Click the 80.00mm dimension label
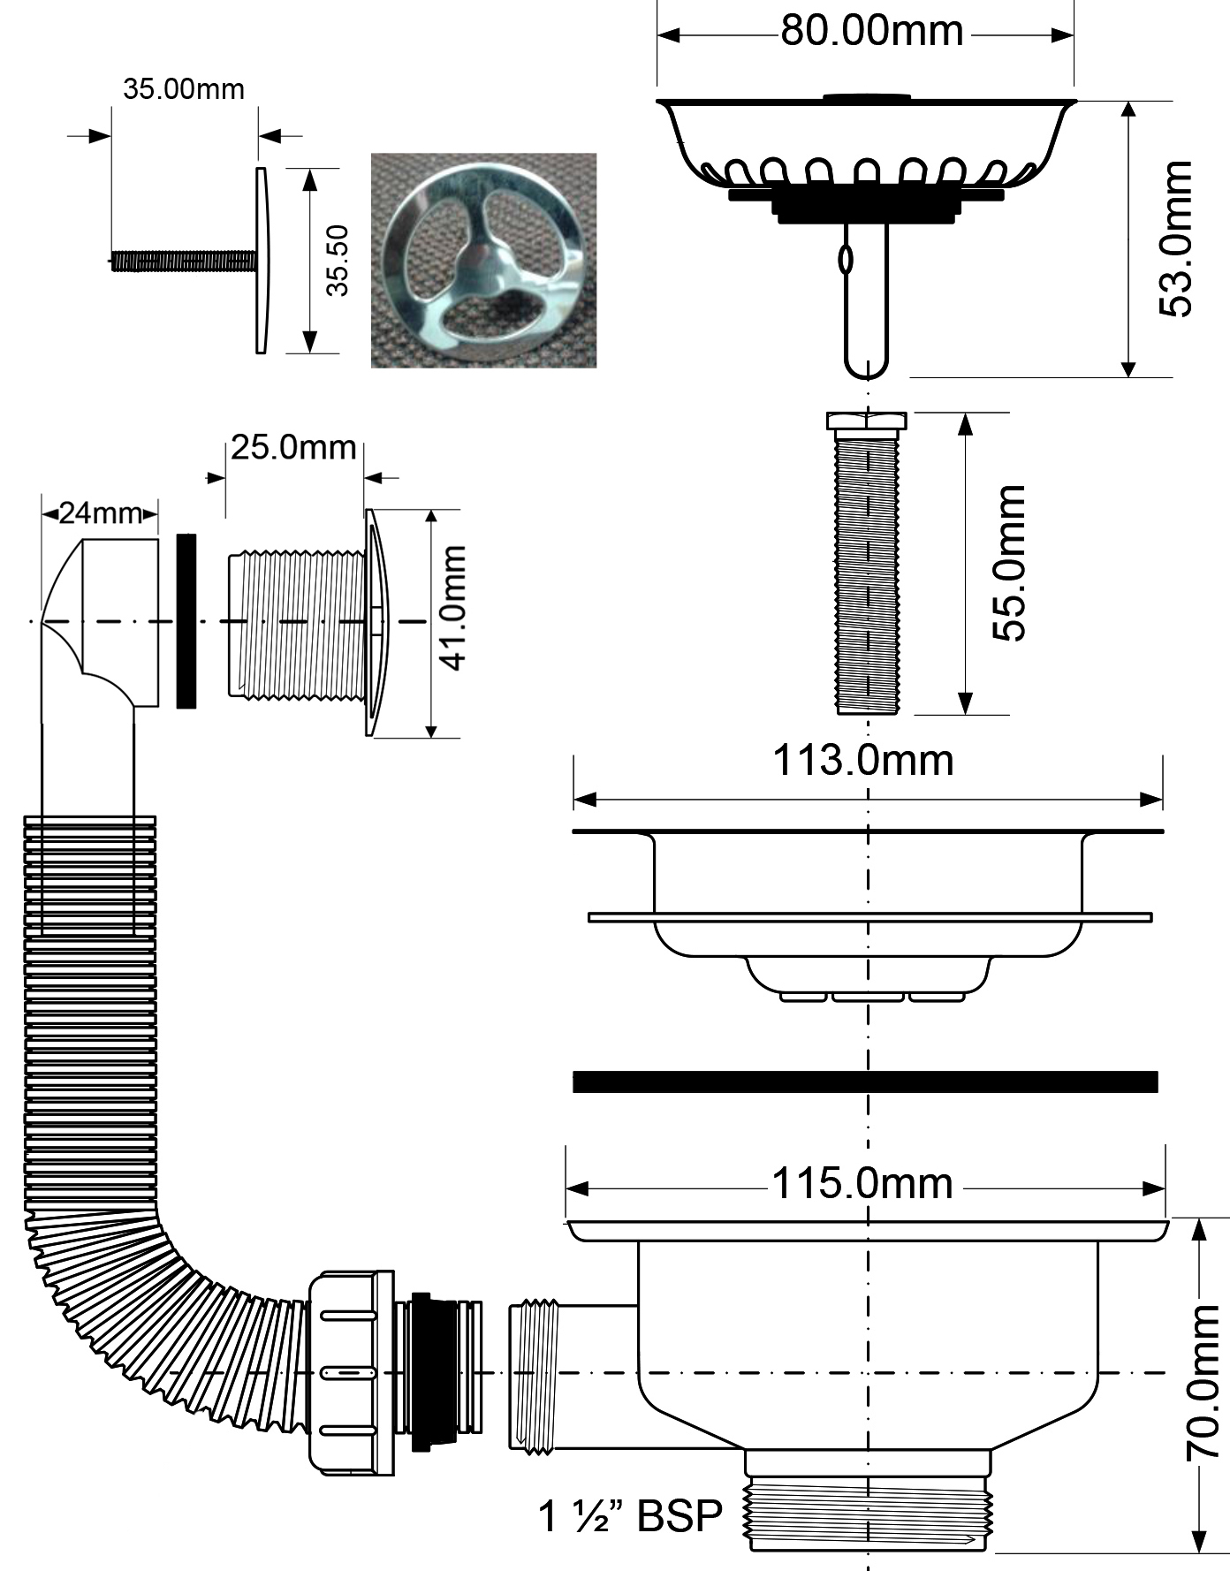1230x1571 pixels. [871, 32]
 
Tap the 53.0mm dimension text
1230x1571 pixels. [1175, 239]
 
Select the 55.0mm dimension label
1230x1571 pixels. [1008, 563]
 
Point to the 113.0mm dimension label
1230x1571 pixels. [863, 761]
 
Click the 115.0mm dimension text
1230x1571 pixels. [863, 1183]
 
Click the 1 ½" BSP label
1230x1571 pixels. [630, 1516]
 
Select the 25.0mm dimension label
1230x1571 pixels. [293, 448]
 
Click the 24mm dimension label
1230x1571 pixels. [100, 513]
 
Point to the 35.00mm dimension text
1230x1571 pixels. [183, 89]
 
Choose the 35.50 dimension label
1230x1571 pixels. [337, 260]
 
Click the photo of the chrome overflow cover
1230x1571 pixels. [483, 261]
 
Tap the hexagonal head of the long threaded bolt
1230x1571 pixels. [866, 421]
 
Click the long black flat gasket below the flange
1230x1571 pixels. [865, 1081]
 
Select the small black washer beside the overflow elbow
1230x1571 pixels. [186, 620]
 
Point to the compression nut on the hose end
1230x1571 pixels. [351, 1371]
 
